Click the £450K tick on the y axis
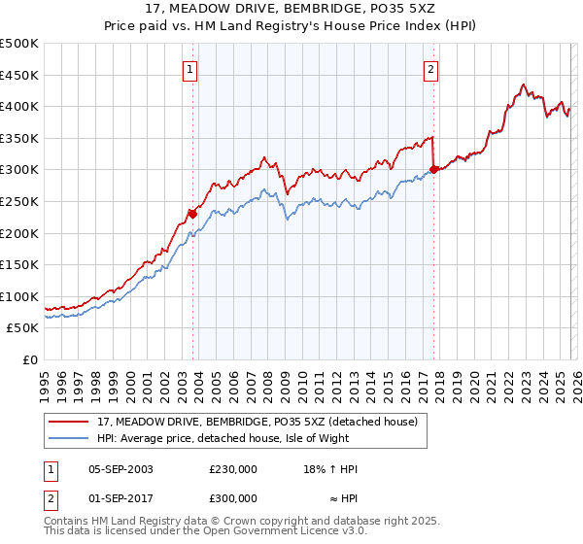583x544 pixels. [x=19, y=75]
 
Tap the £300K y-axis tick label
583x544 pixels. [x=19, y=170]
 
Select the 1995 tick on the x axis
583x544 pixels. [x=45, y=379]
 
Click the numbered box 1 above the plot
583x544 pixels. [x=189, y=69]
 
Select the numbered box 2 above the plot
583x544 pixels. [x=429, y=69]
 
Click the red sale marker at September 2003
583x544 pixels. [x=192, y=214]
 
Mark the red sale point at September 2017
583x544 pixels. [x=433, y=170]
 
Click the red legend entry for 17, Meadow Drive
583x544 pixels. [x=257, y=422]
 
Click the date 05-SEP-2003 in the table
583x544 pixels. [x=120, y=469]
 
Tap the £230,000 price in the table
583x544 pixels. [x=232, y=469]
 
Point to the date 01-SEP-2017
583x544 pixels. [x=120, y=497]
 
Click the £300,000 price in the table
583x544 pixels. [x=232, y=497]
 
